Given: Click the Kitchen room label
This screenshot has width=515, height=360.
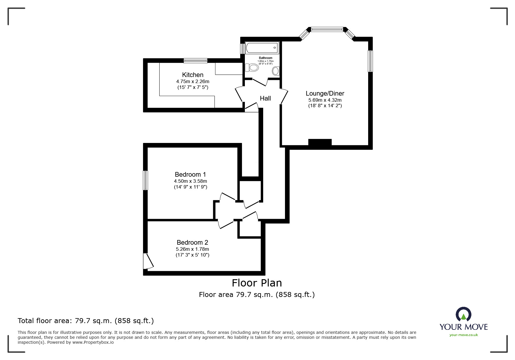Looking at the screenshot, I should (193, 75).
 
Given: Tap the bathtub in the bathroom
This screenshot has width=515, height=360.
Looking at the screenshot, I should (262, 48).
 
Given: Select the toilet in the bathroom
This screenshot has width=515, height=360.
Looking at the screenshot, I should (252, 68).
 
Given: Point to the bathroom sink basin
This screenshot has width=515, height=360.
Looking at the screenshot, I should (276, 71).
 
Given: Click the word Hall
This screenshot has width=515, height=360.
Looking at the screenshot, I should (265, 98).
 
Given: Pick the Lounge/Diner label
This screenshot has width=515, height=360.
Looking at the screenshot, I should (325, 93).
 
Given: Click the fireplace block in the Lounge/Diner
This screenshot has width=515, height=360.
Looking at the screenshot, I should (320, 142).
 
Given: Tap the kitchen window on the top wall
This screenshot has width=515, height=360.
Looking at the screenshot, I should (195, 60).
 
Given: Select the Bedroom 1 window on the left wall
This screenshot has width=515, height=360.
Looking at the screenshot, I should (145, 180).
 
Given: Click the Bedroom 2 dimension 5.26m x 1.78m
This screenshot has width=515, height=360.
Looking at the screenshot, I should (192, 249).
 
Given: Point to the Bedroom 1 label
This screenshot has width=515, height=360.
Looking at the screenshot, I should (190, 174).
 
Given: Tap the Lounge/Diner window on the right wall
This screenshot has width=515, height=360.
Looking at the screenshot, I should (370, 61).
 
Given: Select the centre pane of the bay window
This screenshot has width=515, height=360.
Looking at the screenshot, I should (327, 29).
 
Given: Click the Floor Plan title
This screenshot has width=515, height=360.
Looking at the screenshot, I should (257, 283).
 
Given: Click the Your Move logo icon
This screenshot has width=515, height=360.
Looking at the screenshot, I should (463, 315).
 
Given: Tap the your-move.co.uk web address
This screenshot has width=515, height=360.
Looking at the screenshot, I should (464, 335).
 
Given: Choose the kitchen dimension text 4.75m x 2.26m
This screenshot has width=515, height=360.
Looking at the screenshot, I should (193, 82).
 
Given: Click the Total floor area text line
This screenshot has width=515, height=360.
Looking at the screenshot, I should (86, 321).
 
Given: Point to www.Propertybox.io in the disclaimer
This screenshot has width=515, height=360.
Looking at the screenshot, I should (93, 342).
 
